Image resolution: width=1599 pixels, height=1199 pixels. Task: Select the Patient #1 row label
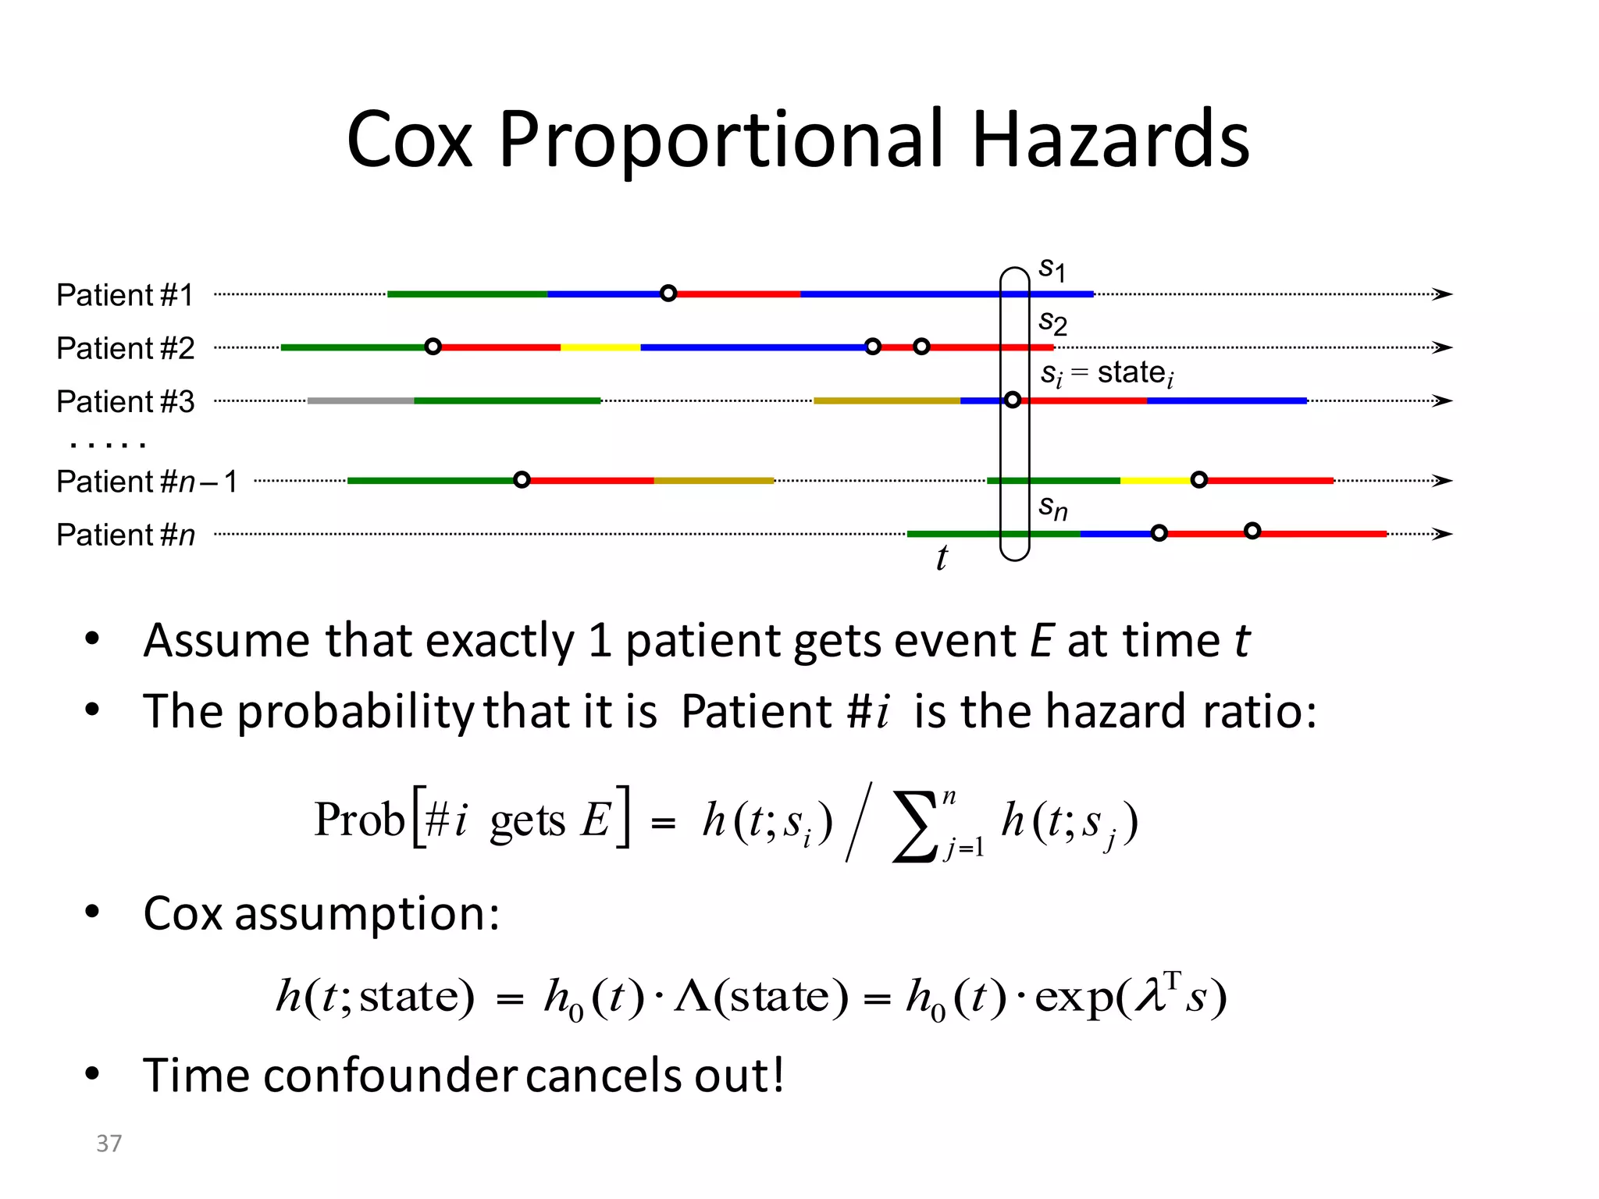(125, 295)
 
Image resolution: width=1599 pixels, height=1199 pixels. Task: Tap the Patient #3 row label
(125, 401)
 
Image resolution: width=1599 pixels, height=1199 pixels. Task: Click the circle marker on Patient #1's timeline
(668, 294)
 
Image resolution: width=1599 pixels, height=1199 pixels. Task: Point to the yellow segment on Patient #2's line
(600, 347)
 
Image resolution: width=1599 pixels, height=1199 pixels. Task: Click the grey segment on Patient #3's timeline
(360, 400)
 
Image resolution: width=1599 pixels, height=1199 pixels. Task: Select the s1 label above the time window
(1052, 269)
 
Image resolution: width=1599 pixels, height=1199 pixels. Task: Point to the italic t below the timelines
(942, 557)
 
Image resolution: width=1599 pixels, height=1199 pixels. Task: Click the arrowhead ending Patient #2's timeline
(1443, 347)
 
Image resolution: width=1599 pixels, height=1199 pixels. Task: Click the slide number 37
(109, 1144)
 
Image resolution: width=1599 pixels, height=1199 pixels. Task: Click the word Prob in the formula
(358, 820)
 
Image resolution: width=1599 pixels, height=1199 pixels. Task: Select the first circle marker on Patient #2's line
(433, 347)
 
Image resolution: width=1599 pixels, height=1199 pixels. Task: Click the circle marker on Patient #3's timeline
(1013, 400)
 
